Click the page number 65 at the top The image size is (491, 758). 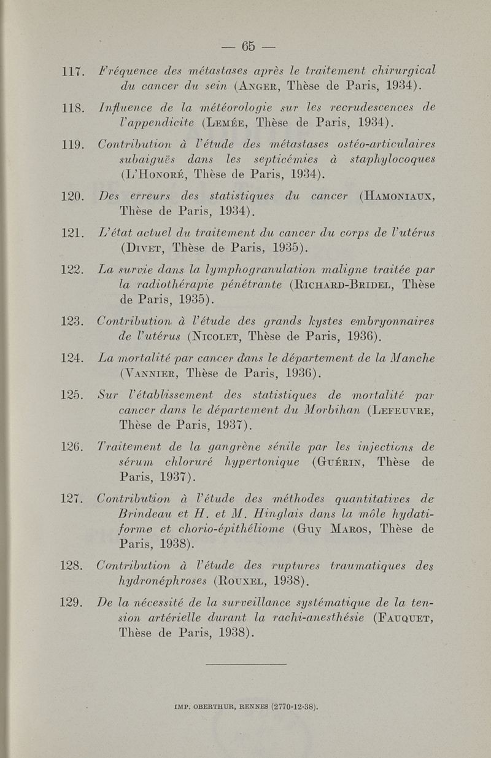click(x=248, y=46)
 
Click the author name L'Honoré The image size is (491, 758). click(x=136, y=175)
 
